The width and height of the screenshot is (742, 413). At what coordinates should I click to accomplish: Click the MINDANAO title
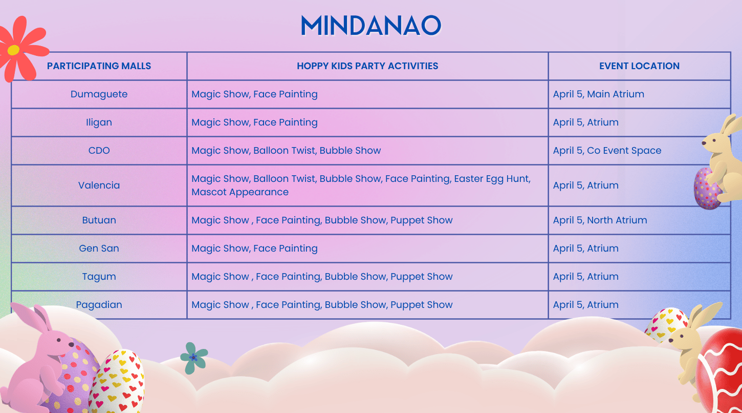coord(371,26)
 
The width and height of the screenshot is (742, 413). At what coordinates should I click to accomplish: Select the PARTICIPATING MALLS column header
coord(99,66)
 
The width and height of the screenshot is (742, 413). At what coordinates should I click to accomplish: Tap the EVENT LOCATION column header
coord(639,66)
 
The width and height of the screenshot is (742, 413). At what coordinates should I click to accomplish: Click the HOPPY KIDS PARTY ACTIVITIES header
coord(367,66)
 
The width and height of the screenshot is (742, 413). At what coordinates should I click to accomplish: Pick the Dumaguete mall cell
coord(99,94)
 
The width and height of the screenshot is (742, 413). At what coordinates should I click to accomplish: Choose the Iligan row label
coord(99,122)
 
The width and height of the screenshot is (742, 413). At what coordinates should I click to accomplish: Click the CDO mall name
coord(99,151)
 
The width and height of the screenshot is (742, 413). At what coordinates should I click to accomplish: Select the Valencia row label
coord(99,185)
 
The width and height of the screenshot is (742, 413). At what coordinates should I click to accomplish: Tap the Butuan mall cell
coord(99,220)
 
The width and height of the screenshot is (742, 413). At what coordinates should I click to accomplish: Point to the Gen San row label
coord(99,249)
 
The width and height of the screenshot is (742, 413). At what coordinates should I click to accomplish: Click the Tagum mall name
coord(99,277)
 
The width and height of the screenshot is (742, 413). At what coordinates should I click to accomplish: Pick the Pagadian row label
coord(99,305)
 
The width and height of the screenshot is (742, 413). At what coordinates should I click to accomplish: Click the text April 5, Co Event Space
coord(607,151)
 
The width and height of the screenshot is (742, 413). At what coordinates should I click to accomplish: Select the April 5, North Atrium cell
coord(600,220)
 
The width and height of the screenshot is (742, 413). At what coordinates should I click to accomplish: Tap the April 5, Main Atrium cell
coord(598,94)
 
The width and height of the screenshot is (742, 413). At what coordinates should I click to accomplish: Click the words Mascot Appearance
coord(240,193)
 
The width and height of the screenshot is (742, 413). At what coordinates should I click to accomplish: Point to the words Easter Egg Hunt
coord(492,179)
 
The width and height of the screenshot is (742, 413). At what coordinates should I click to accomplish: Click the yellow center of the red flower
coord(14,50)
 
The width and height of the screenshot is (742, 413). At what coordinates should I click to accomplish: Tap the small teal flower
coord(193,357)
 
